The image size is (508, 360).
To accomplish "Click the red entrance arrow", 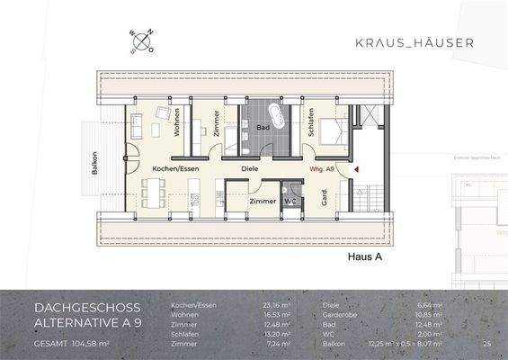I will (x=357, y=168).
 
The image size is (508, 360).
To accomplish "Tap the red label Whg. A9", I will (x=322, y=169).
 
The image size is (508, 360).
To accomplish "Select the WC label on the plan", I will (x=290, y=202).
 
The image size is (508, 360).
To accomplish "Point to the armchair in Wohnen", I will (x=165, y=114).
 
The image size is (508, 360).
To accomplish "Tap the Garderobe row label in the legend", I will (x=343, y=315).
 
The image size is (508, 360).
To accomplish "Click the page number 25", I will (x=486, y=344).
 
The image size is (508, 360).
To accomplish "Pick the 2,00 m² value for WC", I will (x=428, y=334).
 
